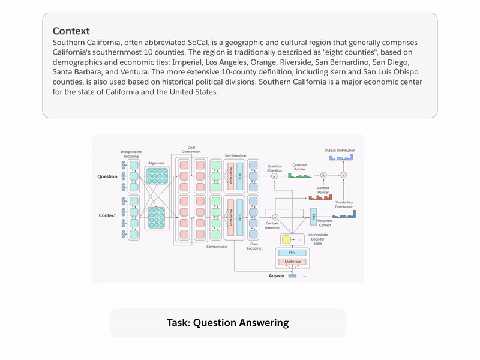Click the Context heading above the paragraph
click(x=71, y=31)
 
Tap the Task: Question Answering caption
click(x=227, y=323)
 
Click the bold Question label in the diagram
click(x=107, y=176)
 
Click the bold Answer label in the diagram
click(x=277, y=276)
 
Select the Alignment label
click(x=157, y=163)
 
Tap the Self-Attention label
click(x=235, y=155)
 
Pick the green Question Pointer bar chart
click(x=299, y=175)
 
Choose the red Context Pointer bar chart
click(x=320, y=197)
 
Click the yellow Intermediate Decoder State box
click(x=286, y=240)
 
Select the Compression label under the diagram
click(x=216, y=247)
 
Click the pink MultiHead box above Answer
click(x=292, y=262)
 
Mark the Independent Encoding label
click(x=131, y=153)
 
